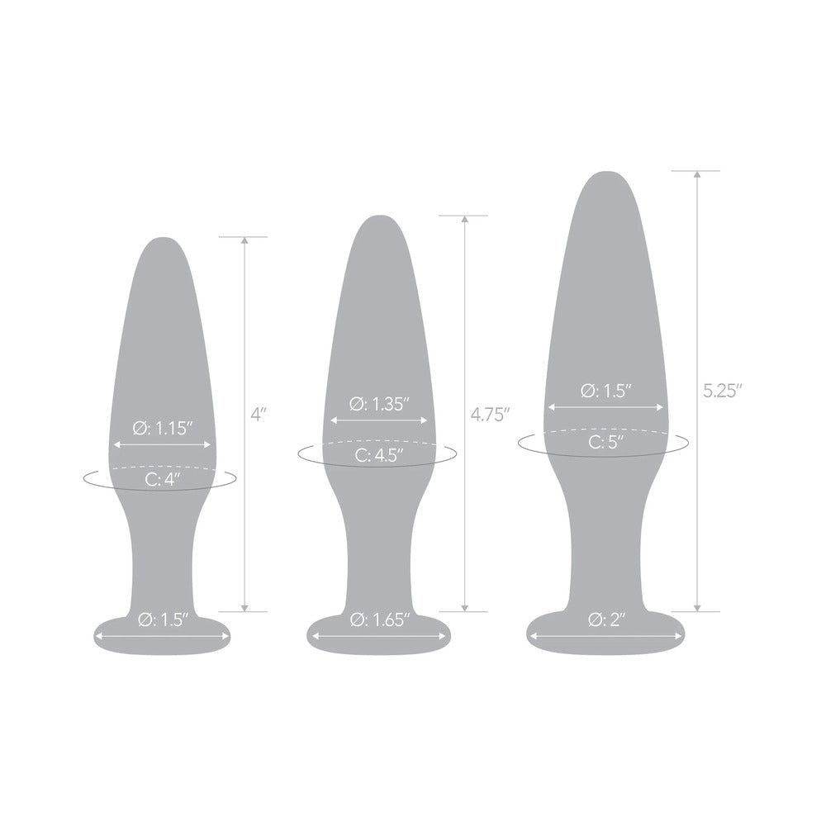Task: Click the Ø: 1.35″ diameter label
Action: pos(380,404)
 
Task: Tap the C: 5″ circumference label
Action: pos(605,443)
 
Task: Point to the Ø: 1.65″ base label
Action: pos(380,619)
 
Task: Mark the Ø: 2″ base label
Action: pos(606,619)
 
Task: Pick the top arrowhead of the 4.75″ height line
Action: pos(466,220)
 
